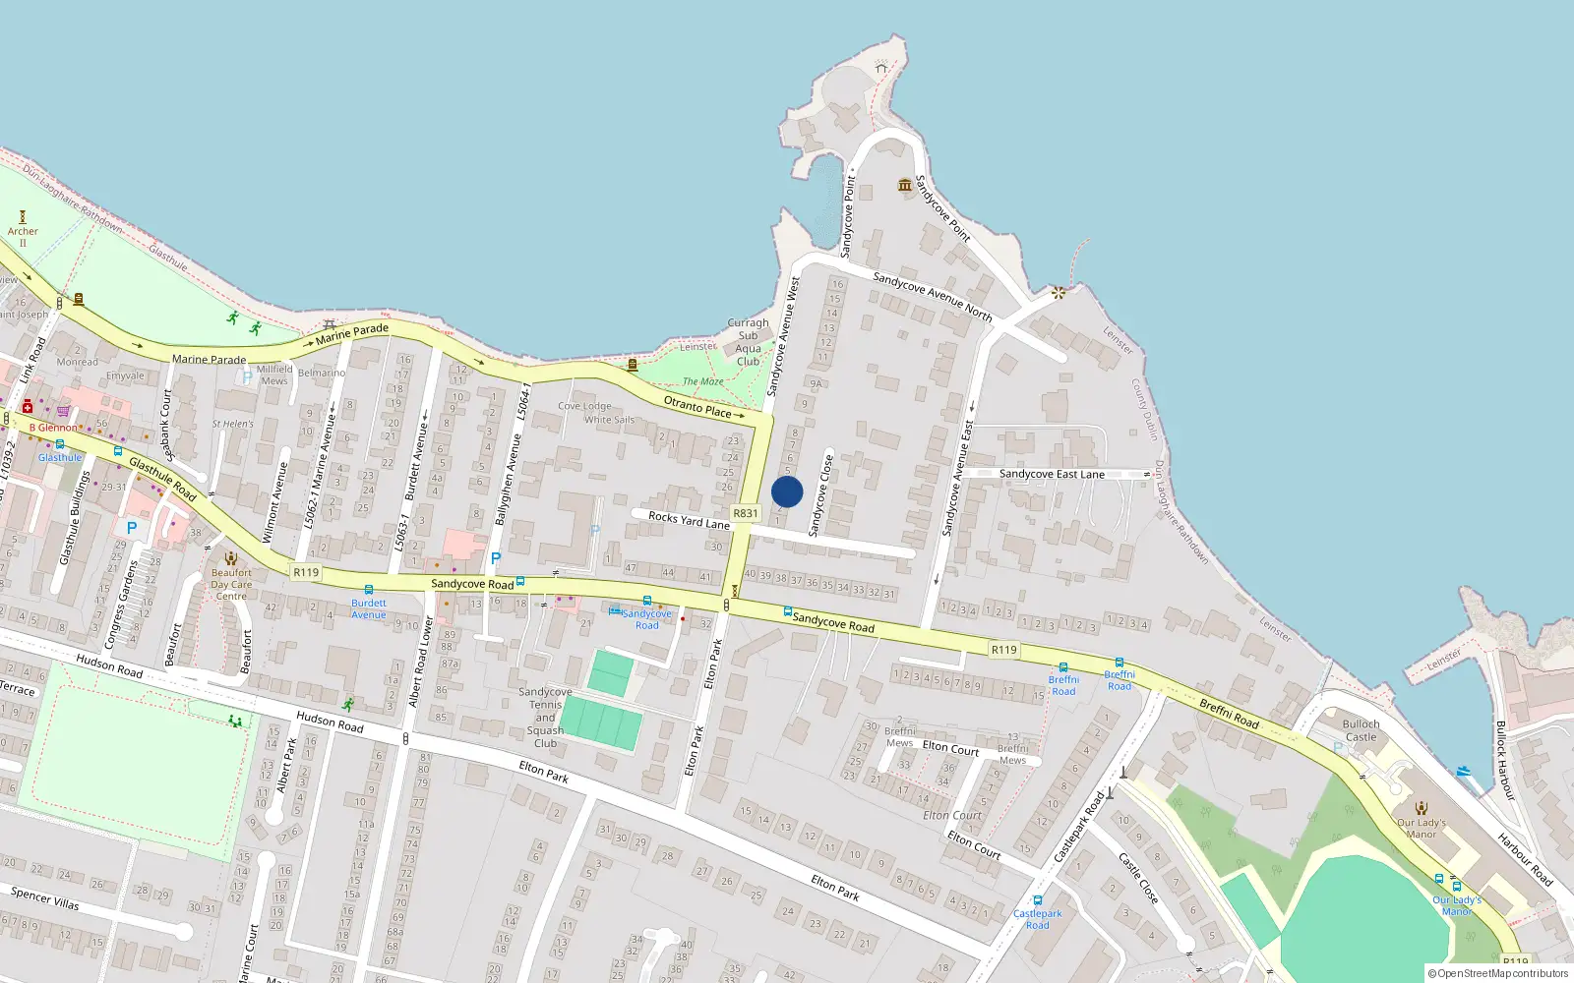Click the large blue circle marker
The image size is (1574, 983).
[x=787, y=491]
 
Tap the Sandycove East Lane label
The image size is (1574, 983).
[x=1052, y=474]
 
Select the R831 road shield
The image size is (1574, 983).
[x=746, y=513]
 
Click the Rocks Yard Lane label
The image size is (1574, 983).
[x=689, y=519]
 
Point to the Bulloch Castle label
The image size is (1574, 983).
[x=1361, y=730]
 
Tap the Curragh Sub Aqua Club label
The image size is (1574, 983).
[x=748, y=342]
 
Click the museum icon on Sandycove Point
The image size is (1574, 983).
[x=905, y=185]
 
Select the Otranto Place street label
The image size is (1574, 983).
[x=697, y=406]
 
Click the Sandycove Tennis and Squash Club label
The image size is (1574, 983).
[x=545, y=718]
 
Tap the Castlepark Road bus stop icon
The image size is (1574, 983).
[x=1037, y=900]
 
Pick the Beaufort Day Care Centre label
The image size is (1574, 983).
[x=231, y=584]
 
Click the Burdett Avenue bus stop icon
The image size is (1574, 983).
[x=369, y=590]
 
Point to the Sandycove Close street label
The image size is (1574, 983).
[x=820, y=495]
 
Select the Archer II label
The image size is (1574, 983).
[x=23, y=237]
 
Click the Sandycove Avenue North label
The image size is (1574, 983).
[x=933, y=296]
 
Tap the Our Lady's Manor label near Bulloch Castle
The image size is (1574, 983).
[x=1422, y=829]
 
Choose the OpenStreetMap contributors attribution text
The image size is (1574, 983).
[x=1497, y=974]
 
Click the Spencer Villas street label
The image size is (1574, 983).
[x=45, y=897]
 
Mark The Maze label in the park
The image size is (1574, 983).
[x=702, y=381]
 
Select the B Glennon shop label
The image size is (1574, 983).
[x=53, y=428]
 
